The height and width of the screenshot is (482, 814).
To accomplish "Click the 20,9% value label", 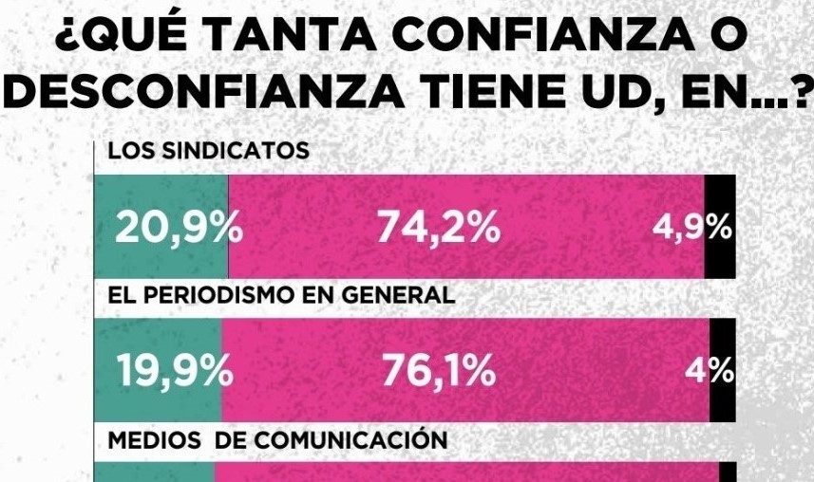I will coord(179,229).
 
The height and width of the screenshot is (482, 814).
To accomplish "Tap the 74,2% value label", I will coord(438,229).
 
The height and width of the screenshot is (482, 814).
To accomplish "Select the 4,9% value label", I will coord(691,228).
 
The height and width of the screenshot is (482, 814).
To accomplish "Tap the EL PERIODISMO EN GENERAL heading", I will coord(281,295).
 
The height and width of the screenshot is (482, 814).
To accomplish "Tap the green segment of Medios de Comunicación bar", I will coord(155,472).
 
